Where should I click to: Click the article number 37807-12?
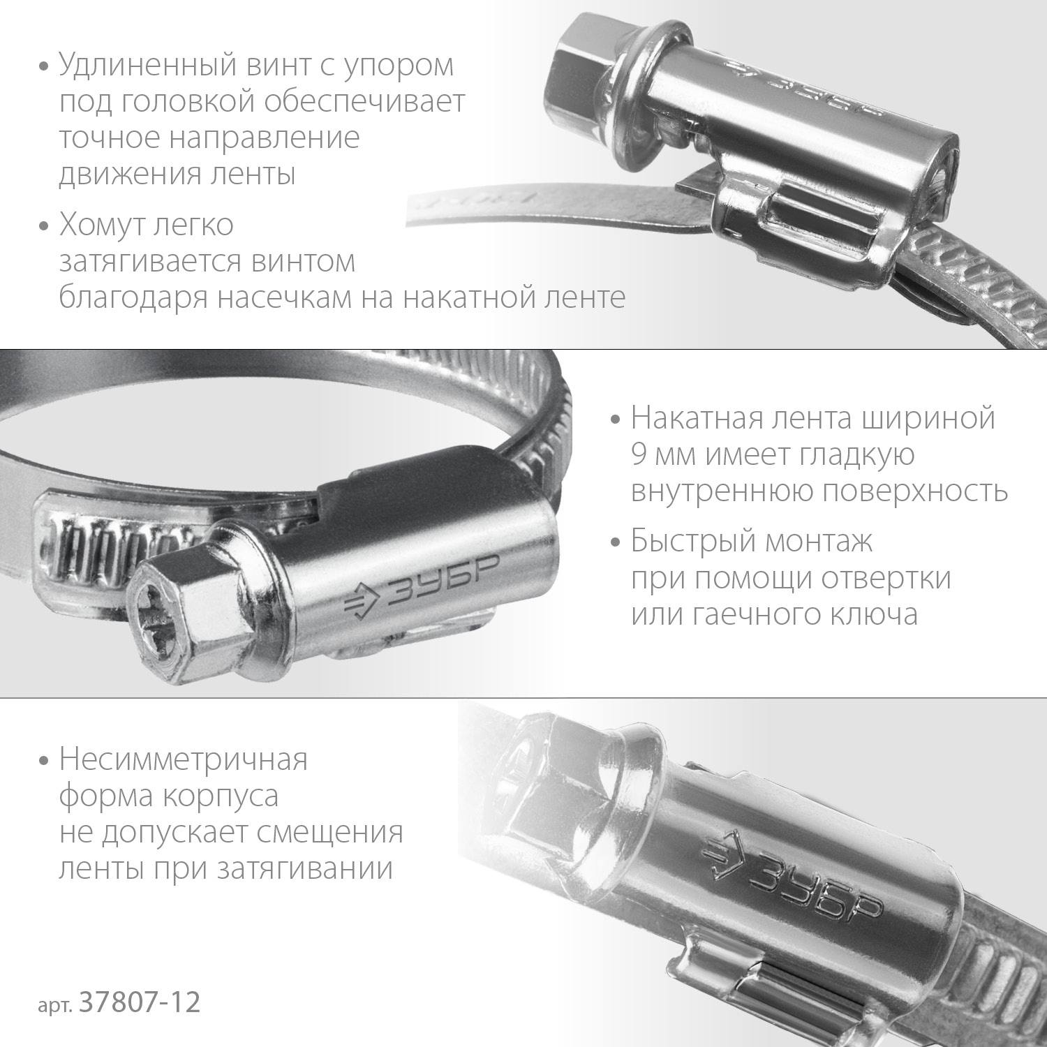click(x=140, y=1003)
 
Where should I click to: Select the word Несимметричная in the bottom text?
click(x=183, y=759)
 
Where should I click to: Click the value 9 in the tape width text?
click(x=637, y=455)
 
